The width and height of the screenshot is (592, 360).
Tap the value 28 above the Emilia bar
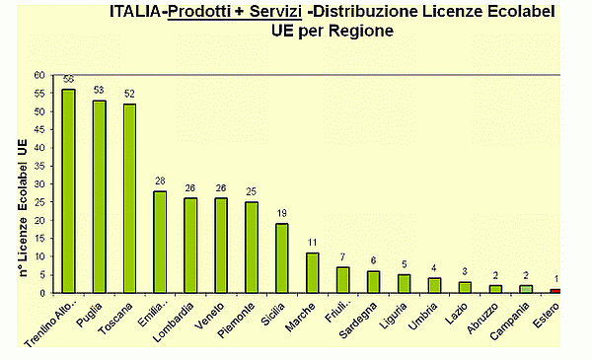160,181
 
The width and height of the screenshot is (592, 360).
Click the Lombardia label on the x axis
174,320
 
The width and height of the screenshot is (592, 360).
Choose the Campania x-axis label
511,319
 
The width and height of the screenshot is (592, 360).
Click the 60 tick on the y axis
39,74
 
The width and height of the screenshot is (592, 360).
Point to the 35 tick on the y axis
39,166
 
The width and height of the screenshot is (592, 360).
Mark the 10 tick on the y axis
39,256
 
